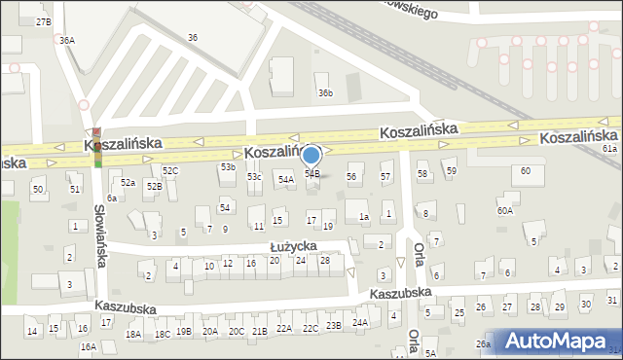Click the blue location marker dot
click(x=311, y=154)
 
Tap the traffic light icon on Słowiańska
click(x=96, y=148)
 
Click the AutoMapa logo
click(x=559, y=341)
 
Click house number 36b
click(x=325, y=93)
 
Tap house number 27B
click(x=43, y=21)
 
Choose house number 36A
click(x=66, y=41)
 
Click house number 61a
click(x=609, y=149)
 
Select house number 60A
click(x=504, y=210)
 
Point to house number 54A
click(x=285, y=179)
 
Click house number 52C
click(x=170, y=170)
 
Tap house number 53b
click(x=227, y=167)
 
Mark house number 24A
click(x=360, y=322)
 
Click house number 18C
click(x=162, y=334)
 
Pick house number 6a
click(x=112, y=198)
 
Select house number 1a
click(x=363, y=217)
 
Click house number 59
click(x=452, y=171)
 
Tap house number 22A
click(x=283, y=328)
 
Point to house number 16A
click(x=88, y=346)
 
